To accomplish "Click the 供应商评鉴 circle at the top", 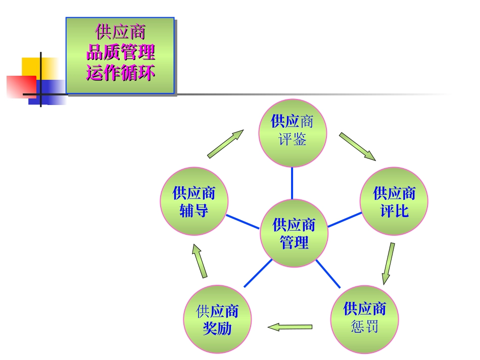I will pos(293,132).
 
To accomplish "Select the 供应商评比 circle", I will pos(394,201).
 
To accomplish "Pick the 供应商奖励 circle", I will pos(217,319).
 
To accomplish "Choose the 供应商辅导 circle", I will pos(194,201).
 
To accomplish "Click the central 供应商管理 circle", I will pos(294,233).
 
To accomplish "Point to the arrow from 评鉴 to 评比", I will pos(357,146).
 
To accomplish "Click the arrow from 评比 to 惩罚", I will pos(388,264).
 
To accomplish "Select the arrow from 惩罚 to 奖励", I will pos(290,327).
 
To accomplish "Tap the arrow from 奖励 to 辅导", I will pos(200,261).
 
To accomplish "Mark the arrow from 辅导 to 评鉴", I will pos(225,144).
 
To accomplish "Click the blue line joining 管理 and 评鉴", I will pos(292,183).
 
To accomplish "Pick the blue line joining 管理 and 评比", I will pos(345,219).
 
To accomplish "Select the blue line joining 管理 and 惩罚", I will pos(328,274).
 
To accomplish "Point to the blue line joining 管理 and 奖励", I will pos(258,273).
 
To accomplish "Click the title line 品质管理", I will pos(120,52).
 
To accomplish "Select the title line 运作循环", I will pos(120,72).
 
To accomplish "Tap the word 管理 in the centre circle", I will pos(294,242).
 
